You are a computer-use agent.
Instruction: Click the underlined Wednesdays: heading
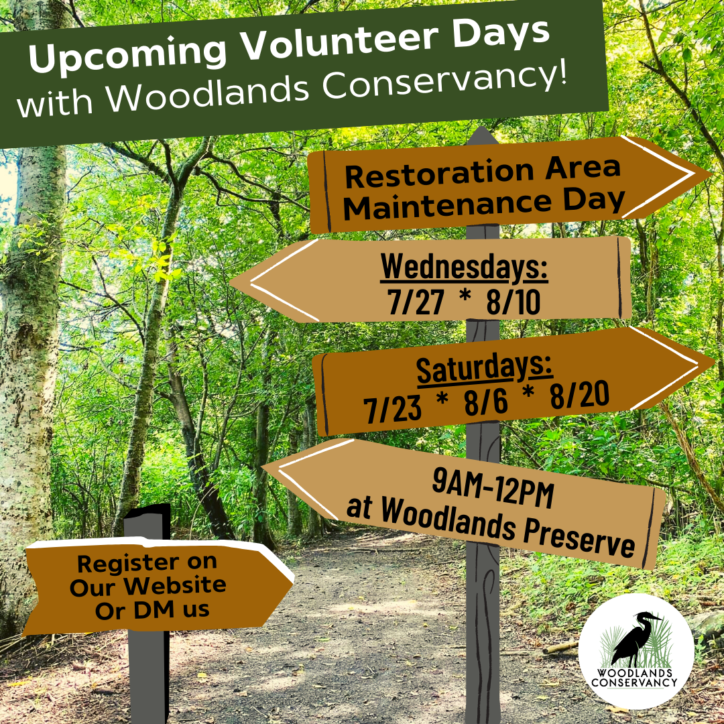tap(464, 267)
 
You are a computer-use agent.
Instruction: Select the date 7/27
tap(416, 302)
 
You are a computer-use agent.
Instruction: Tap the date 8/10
tap(513, 302)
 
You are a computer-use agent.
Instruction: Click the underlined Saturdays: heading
tap(485, 369)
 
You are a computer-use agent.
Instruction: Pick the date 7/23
tap(392, 409)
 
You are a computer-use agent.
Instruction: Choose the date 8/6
tap(486, 402)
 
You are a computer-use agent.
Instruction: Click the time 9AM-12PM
tap(493, 487)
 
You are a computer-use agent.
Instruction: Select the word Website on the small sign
tap(175, 585)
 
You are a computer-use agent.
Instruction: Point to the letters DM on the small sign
tap(155, 609)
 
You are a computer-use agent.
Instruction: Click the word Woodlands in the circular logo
tap(634, 673)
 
